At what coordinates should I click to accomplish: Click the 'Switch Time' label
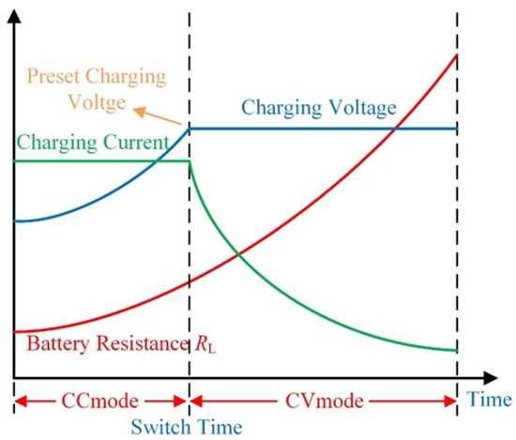[190, 427]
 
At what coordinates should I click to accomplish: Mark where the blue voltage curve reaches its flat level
[190, 128]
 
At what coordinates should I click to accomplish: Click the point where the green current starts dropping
[190, 161]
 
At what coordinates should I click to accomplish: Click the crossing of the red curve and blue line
[398, 128]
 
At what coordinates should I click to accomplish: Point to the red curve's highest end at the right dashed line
[457, 54]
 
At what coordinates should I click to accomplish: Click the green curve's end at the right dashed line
[457, 350]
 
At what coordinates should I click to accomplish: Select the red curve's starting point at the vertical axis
[14, 331]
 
